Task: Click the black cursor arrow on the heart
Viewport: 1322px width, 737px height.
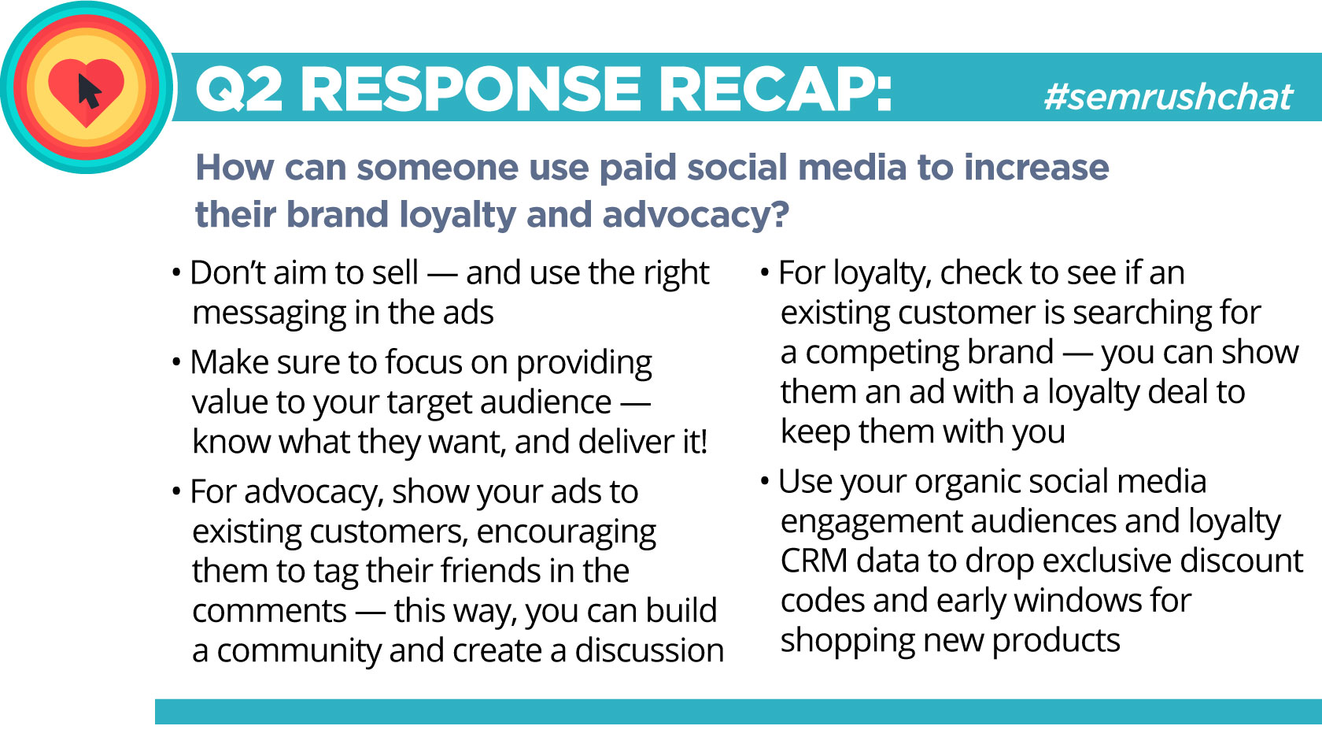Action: (x=89, y=91)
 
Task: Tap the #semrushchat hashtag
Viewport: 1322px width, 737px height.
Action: (x=1168, y=96)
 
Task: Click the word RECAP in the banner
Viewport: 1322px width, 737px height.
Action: (x=774, y=88)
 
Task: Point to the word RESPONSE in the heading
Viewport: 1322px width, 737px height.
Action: (x=471, y=88)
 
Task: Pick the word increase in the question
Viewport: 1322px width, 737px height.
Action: (x=1036, y=167)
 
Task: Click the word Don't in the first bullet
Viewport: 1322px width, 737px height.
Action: (x=228, y=272)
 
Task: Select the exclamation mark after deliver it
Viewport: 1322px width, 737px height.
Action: (x=703, y=441)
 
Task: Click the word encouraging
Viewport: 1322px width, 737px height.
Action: (x=566, y=532)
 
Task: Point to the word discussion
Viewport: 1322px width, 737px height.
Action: (x=649, y=650)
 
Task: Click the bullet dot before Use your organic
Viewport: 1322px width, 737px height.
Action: (x=765, y=480)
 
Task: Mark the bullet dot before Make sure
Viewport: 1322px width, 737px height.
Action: (x=176, y=361)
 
